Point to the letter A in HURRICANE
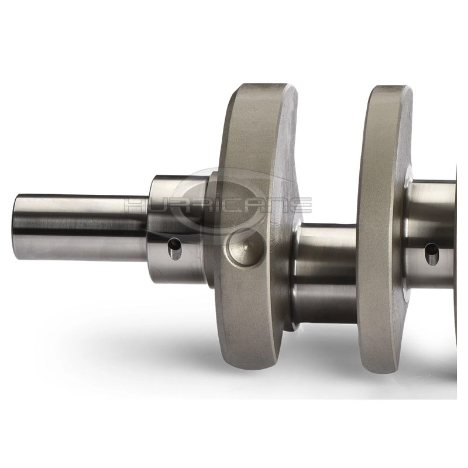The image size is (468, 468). [x=254, y=206]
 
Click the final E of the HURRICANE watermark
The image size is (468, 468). [x=300, y=206]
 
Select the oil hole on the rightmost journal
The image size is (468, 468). [x=432, y=254]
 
